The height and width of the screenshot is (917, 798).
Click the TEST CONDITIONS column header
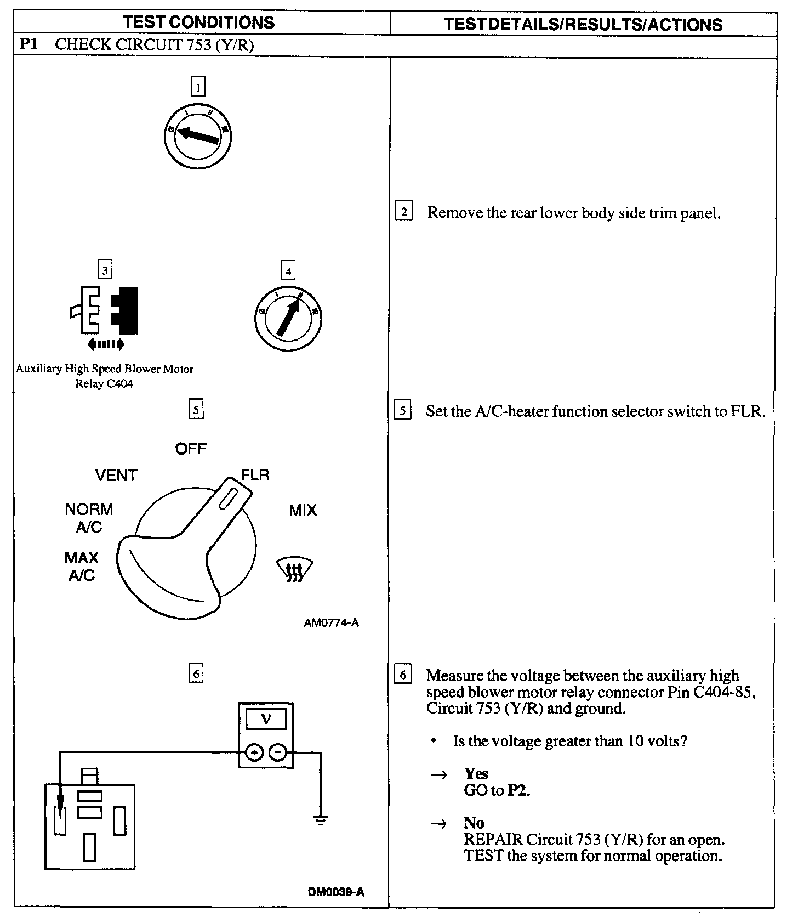(198, 22)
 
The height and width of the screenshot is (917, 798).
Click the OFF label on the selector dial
(191, 449)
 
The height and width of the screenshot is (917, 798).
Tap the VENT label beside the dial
(116, 475)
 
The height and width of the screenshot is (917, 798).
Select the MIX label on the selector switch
(303, 510)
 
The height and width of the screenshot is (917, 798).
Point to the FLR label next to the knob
(255, 474)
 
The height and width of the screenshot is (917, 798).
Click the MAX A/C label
(81, 566)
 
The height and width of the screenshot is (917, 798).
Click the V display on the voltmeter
(266, 719)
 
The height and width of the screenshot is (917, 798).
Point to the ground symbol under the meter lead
(321, 820)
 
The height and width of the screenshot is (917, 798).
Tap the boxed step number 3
(104, 270)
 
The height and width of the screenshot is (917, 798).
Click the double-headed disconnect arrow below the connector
(106, 344)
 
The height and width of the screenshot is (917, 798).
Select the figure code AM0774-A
(331, 622)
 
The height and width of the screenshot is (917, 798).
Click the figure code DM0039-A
(336, 891)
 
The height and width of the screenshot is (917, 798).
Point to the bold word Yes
(476, 773)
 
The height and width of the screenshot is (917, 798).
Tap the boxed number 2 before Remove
(403, 212)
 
